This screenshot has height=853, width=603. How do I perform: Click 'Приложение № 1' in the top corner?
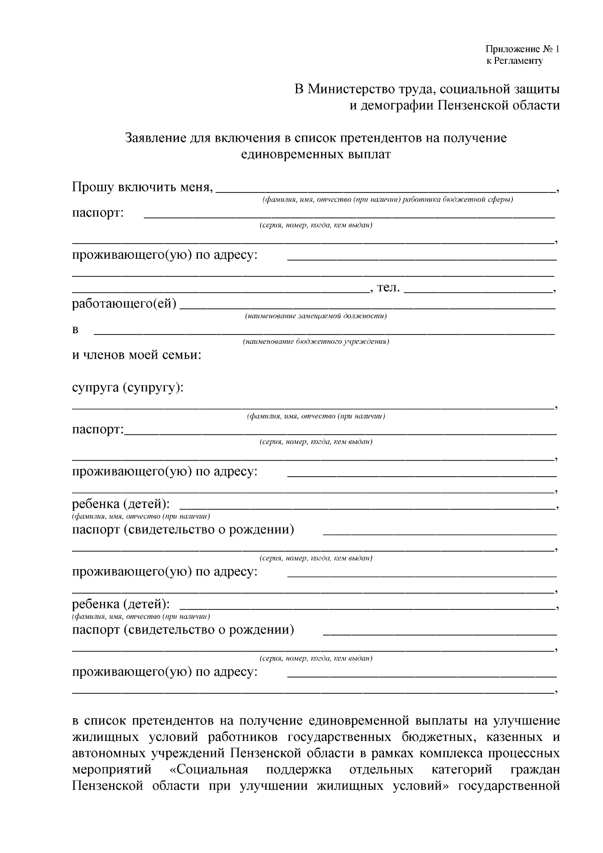[x=522, y=49]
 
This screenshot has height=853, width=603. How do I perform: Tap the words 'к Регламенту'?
[x=514, y=61]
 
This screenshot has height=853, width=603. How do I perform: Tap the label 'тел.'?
[x=388, y=288]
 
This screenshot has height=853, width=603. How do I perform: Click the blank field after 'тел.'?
[x=478, y=289]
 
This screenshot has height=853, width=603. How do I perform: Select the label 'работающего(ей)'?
[x=124, y=304]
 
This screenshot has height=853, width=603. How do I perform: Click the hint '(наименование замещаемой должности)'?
[x=316, y=316]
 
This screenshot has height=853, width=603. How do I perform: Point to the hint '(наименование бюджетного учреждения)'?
[x=316, y=342]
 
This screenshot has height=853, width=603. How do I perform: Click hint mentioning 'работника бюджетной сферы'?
[x=387, y=200]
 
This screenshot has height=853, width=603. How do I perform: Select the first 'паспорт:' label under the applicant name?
[x=98, y=212]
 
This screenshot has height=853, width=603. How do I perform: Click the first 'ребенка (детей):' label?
[x=121, y=503]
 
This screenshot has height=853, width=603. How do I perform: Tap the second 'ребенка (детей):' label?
[x=121, y=603]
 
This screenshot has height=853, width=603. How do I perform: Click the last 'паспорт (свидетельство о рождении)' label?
[x=183, y=629]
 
